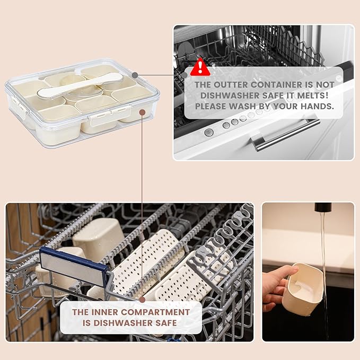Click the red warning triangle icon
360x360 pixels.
pyautogui.click(x=200, y=67)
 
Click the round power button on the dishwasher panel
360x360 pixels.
pyautogui.click(x=209, y=133)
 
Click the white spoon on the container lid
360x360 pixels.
pyautogui.click(x=81, y=85)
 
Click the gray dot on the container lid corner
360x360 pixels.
pyautogui.click(x=135, y=75)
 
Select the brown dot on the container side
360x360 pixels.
pyautogui.click(x=143, y=112)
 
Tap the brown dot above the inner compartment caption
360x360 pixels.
pyautogui.click(x=142, y=300)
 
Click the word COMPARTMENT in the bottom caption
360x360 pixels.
pyautogui.click(x=155, y=312)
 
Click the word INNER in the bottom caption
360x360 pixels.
pyautogui.click(x=104, y=312)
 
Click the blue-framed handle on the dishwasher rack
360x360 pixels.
pyautogui.click(x=74, y=266)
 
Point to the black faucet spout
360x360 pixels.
pyautogui.click(x=323, y=207)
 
